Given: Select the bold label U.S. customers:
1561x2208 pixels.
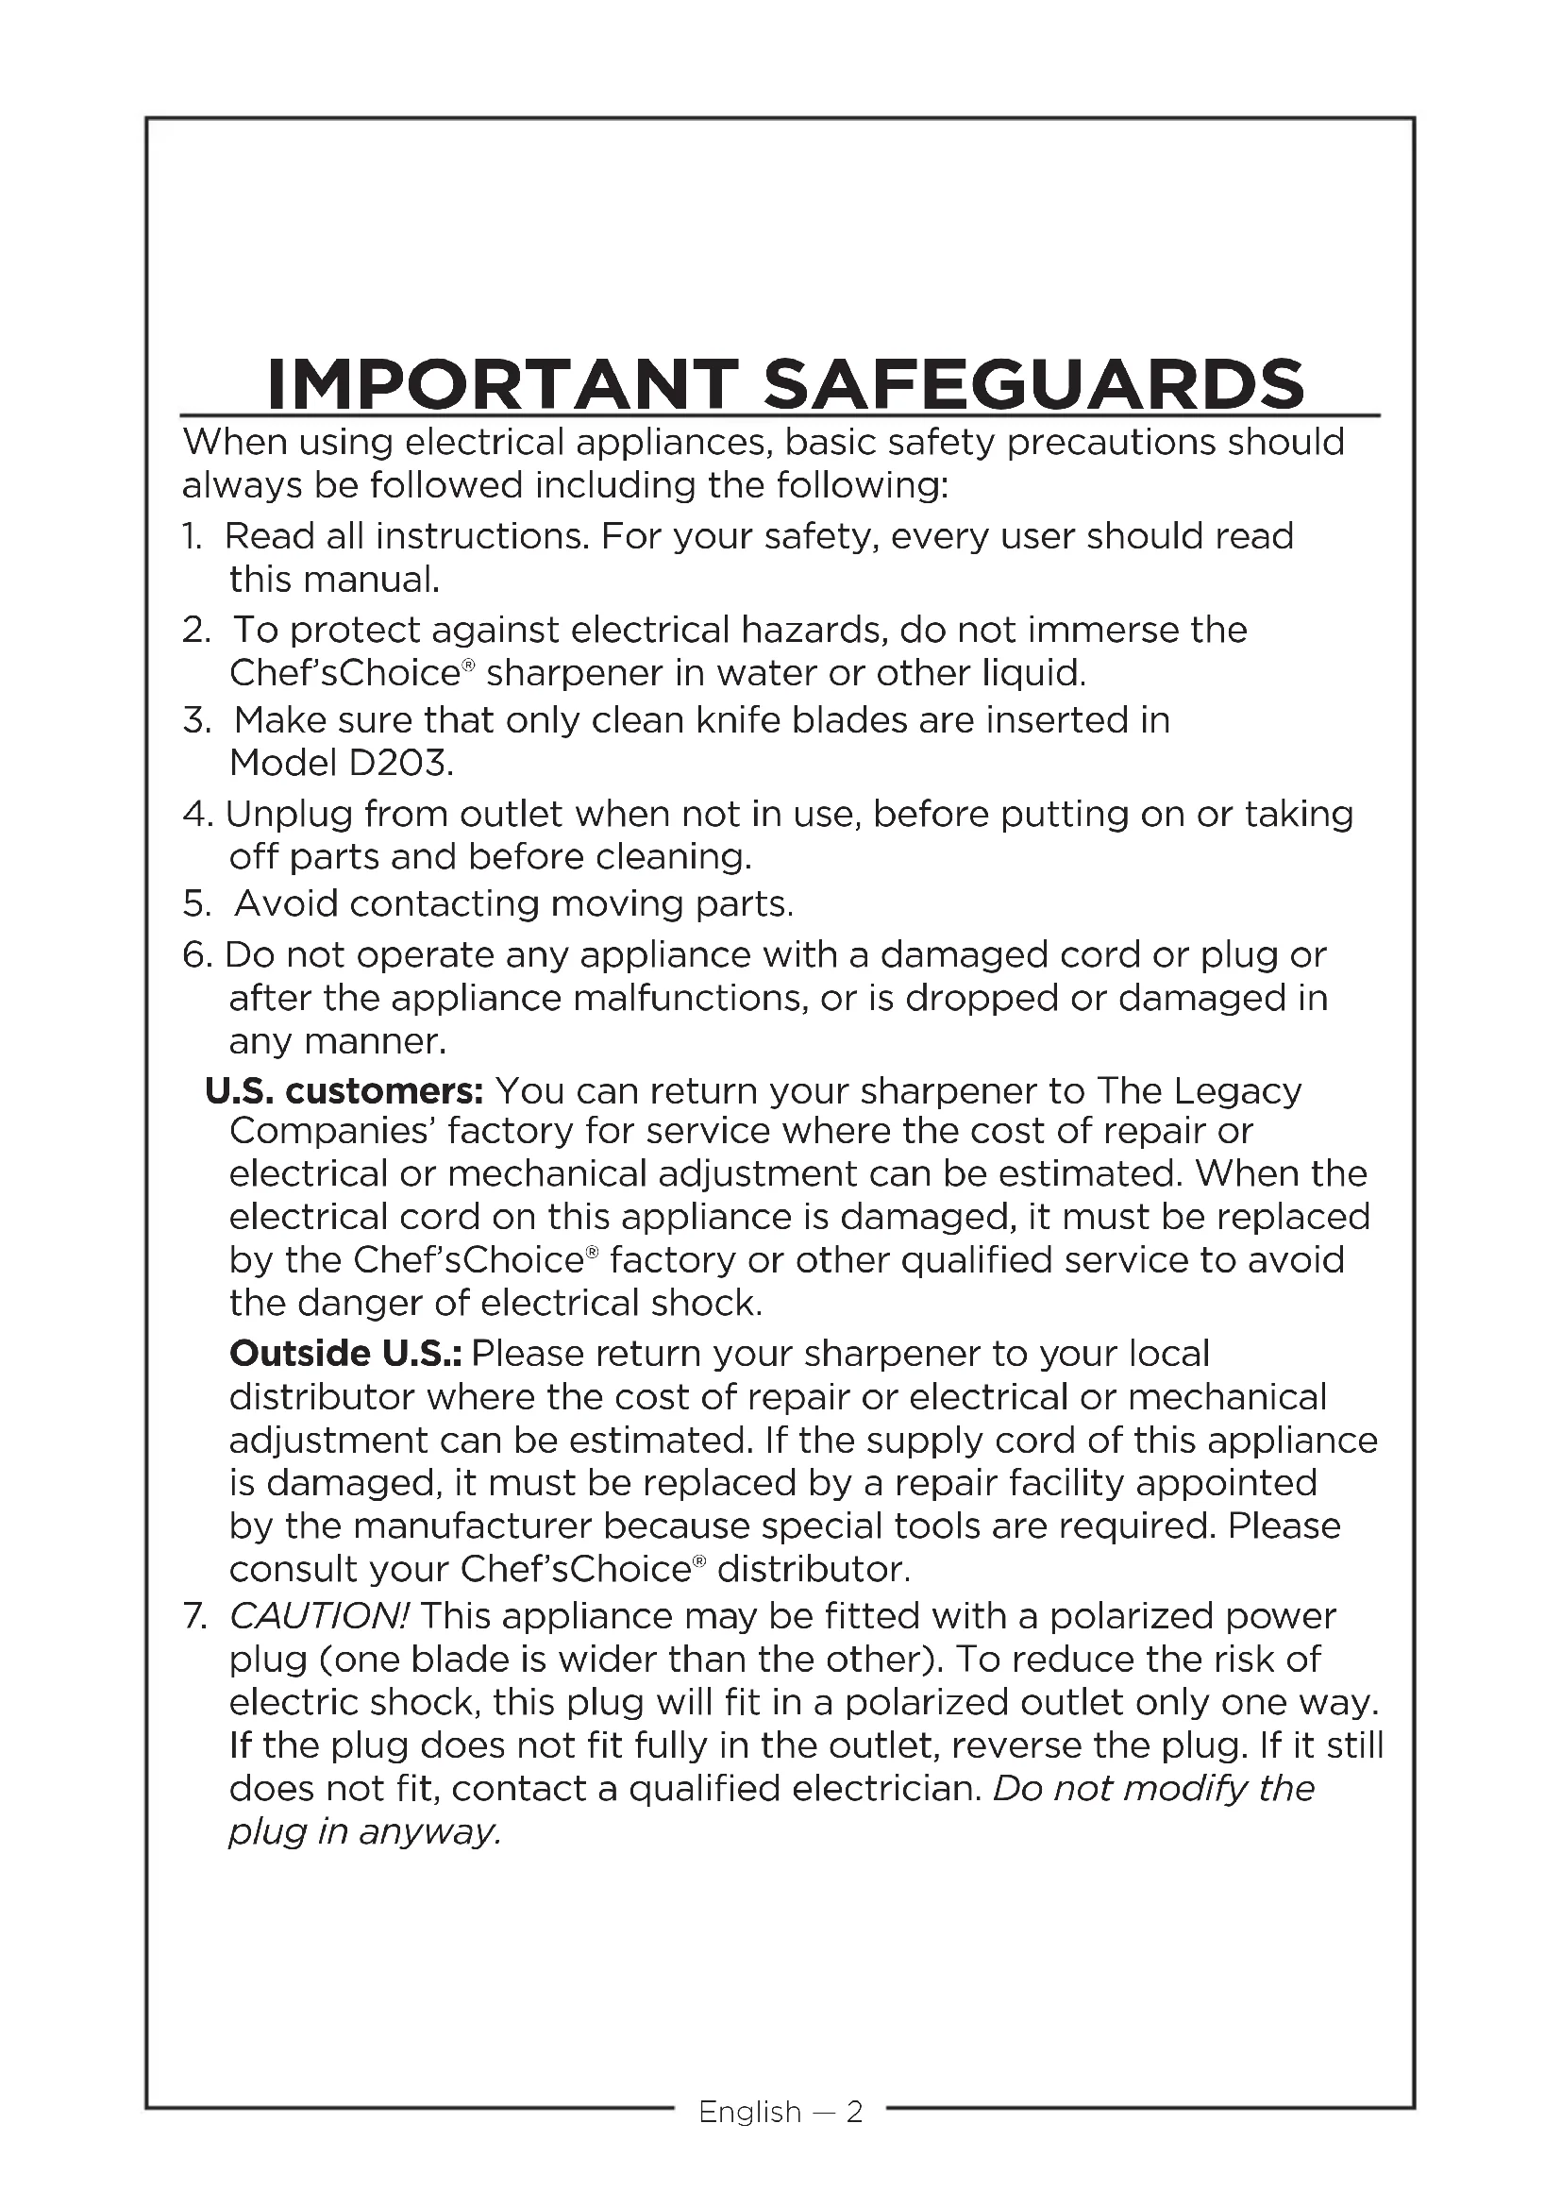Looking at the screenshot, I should pos(344,1090).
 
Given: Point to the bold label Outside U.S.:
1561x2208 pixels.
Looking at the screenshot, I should pos(345,1353).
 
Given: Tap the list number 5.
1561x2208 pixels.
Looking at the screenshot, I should pos(195,904).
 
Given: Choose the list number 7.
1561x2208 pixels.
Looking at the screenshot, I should pos(194,1616).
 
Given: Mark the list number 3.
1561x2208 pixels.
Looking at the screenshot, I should pos(195,720).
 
